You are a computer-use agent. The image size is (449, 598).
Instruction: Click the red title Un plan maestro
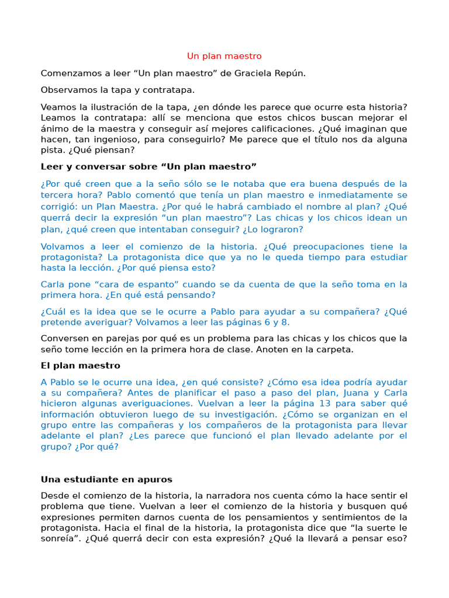(224, 56)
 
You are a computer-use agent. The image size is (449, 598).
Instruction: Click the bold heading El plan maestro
(80, 366)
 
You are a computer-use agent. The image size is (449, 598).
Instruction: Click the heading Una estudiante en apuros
(106, 479)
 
